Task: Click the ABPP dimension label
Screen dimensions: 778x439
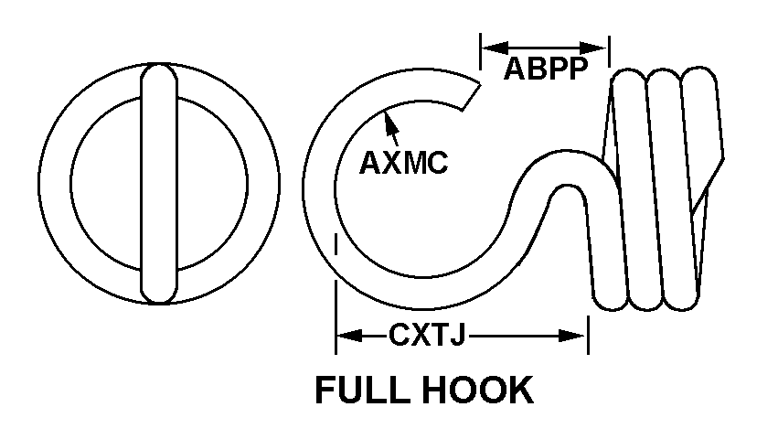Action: click(545, 69)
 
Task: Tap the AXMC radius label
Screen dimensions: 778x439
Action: click(403, 163)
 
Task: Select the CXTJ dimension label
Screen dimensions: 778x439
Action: click(427, 336)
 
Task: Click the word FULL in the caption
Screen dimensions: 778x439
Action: click(363, 390)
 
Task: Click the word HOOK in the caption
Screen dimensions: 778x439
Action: click(478, 390)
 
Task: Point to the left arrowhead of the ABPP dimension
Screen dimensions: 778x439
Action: click(495, 48)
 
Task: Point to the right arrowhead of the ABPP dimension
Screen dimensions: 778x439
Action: click(593, 48)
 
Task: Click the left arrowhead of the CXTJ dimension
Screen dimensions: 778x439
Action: click(350, 336)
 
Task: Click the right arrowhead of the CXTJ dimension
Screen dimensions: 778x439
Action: click(572, 336)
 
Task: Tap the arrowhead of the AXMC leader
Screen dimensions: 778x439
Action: click(390, 122)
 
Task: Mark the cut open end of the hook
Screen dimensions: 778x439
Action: click(471, 97)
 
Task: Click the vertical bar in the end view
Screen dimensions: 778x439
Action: click(159, 183)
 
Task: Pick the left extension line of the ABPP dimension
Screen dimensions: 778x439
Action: click(480, 51)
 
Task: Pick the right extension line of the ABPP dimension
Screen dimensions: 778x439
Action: click(609, 51)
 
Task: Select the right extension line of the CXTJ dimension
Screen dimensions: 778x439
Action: click(589, 336)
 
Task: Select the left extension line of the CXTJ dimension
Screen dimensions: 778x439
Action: click(336, 293)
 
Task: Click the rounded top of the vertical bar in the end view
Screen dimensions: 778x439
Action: click(159, 71)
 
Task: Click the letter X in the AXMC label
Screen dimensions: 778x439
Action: click(392, 163)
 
